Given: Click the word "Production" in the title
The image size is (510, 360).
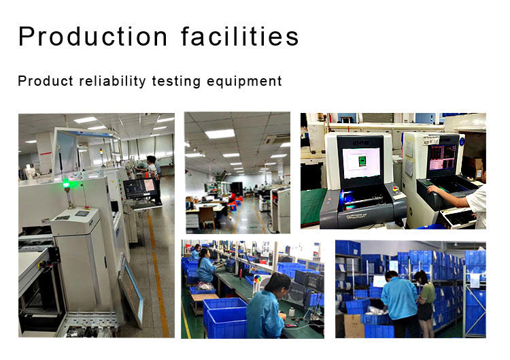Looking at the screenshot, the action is pyautogui.click(x=93, y=36).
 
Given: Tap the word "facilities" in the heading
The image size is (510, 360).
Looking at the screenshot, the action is pyautogui.click(x=240, y=36).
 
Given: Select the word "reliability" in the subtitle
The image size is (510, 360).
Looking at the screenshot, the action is pyautogui.click(x=112, y=82).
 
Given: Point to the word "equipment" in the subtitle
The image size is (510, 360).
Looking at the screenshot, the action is pyautogui.click(x=244, y=82).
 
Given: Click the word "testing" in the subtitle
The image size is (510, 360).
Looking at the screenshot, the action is pyautogui.click(x=176, y=82).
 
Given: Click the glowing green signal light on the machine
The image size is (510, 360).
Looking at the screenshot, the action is pyautogui.click(x=67, y=184).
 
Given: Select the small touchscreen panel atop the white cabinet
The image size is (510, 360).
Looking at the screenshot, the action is pyautogui.click(x=82, y=214).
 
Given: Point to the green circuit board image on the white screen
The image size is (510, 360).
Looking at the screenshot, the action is pyautogui.click(x=362, y=161).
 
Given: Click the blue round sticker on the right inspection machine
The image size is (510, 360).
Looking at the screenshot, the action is pyautogui.click(x=462, y=142).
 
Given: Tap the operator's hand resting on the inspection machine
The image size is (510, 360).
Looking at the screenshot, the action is pyautogui.click(x=432, y=189).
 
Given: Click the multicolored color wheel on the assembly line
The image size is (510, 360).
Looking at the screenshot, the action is pyautogui.click(x=257, y=279).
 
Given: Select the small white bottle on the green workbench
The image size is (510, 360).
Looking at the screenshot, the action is pyautogui.click(x=292, y=312).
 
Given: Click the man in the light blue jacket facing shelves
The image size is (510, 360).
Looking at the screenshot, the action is pyautogui.click(x=399, y=304).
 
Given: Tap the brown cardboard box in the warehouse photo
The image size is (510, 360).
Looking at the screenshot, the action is pyautogui.click(x=354, y=326).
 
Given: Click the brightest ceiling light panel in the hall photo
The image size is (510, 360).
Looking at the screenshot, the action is pyautogui.click(x=220, y=134).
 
